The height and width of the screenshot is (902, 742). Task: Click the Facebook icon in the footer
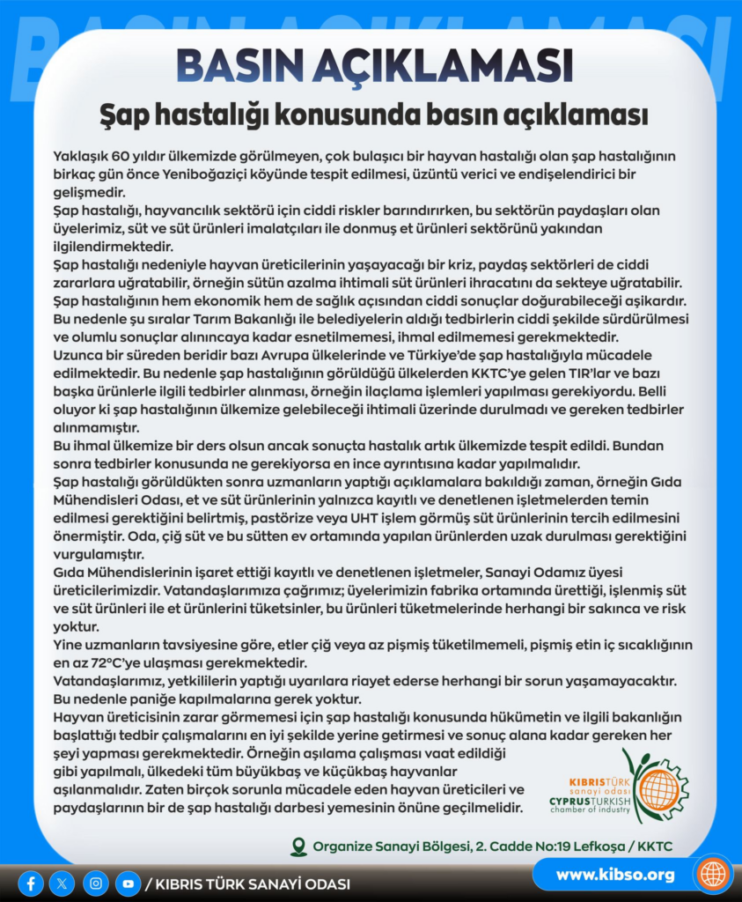31,883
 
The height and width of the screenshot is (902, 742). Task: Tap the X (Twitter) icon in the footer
62,883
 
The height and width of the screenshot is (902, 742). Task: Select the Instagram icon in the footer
96,883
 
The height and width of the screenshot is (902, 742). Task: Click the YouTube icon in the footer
129,883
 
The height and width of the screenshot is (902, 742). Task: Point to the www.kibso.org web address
615,875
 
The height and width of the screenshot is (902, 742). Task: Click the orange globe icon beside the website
712,874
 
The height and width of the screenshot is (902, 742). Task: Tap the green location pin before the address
299,847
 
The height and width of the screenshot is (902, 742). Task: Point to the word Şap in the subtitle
125,115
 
